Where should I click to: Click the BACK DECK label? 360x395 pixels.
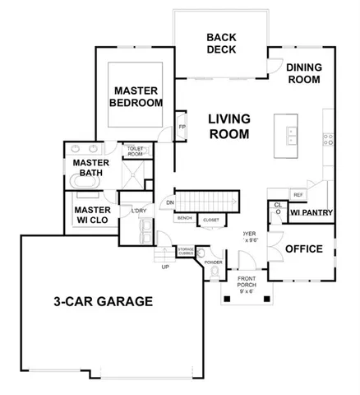[x=222, y=43]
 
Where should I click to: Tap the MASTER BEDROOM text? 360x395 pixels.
[x=136, y=96]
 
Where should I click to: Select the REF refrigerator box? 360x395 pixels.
[x=298, y=195]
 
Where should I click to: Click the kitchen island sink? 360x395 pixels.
[x=289, y=134]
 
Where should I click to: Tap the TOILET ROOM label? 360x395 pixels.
[x=136, y=151]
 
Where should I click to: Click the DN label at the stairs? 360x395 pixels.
[x=170, y=202]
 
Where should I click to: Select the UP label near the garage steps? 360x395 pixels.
[x=165, y=267]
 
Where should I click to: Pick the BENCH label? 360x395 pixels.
[x=185, y=219]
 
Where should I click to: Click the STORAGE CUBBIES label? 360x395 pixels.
[x=187, y=250]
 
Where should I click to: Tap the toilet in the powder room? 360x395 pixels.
[x=215, y=268]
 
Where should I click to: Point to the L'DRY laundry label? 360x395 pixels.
[x=138, y=213]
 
